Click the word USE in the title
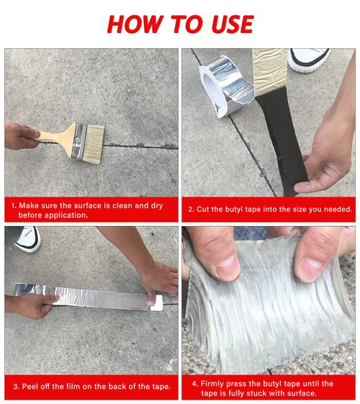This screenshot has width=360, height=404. coord(228,23)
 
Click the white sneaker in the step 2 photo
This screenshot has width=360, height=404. coord(309,58)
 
